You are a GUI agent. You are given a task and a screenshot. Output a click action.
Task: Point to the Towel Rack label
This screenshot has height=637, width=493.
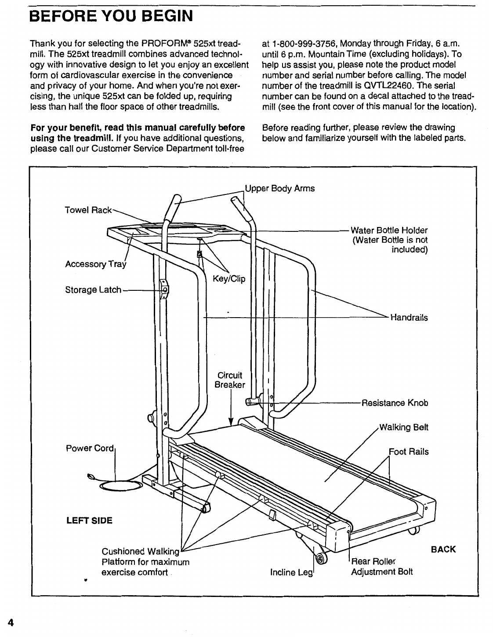point(88,210)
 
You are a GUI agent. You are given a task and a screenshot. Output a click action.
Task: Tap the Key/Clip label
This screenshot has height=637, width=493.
point(228,279)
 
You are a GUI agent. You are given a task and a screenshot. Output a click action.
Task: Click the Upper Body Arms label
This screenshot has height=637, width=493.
point(280,189)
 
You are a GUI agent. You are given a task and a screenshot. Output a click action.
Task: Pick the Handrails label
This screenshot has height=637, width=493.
point(409,318)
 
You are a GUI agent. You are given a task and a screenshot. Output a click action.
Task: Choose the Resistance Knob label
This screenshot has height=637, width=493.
point(394,403)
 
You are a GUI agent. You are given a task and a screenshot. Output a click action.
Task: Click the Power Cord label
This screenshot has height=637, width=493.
point(90,449)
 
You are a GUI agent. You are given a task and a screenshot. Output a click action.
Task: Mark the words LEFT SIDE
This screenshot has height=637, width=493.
point(89,521)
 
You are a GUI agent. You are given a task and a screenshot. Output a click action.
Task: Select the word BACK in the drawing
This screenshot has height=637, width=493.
point(443,549)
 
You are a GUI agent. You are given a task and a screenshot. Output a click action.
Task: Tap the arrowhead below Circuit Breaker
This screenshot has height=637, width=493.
point(231,423)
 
